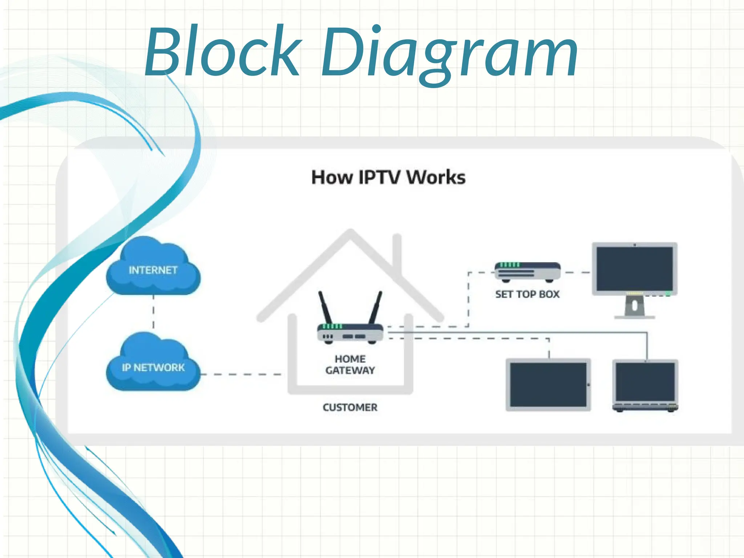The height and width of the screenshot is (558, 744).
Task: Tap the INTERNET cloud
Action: click(x=153, y=269)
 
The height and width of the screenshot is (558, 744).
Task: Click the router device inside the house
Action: click(x=350, y=333)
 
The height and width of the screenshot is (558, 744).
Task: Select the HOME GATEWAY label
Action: click(x=350, y=364)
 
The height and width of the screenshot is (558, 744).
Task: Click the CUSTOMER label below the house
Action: click(x=350, y=407)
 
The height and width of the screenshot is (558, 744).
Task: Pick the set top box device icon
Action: click(x=527, y=272)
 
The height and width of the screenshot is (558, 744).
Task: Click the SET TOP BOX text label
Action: click(x=527, y=294)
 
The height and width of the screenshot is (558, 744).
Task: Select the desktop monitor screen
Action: click(x=634, y=269)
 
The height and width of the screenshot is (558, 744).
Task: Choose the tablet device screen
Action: click(x=548, y=384)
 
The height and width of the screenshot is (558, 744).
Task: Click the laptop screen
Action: click(x=645, y=381)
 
